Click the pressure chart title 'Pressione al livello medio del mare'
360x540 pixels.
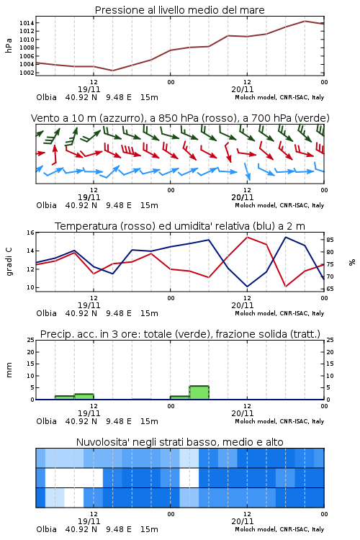[x=179, y=10]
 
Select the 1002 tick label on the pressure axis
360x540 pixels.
[x=26, y=73]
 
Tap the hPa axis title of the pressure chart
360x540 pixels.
[x=9, y=45]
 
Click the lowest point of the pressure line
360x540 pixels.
[x=112, y=71]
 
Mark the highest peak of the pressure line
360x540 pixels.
[x=305, y=21]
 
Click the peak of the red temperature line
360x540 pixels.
[x=247, y=237]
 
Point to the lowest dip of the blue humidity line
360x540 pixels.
[x=247, y=287]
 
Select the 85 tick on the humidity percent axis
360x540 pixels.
[x=330, y=240]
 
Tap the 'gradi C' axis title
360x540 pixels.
[x=9, y=261]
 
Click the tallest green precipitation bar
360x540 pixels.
[x=199, y=392]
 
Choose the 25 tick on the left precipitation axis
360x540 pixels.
[x=31, y=340]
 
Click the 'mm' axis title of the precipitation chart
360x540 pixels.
[x=9, y=370]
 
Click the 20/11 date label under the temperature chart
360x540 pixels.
[x=242, y=305]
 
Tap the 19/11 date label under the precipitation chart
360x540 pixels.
[x=89, y=413]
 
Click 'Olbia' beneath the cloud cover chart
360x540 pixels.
[x=47, y=529]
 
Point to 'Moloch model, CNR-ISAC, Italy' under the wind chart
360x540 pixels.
[x=279, y=205]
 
